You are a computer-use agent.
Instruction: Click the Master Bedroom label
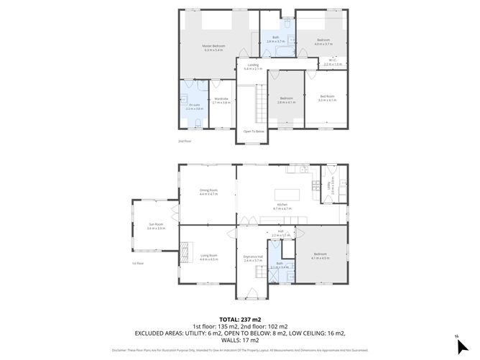(213, 47)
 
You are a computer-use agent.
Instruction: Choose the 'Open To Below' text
(254, 131)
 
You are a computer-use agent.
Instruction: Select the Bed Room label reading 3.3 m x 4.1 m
(327, 98)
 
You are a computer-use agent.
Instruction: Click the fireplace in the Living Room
(184, 252)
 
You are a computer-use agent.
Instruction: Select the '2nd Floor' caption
(185, 142)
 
